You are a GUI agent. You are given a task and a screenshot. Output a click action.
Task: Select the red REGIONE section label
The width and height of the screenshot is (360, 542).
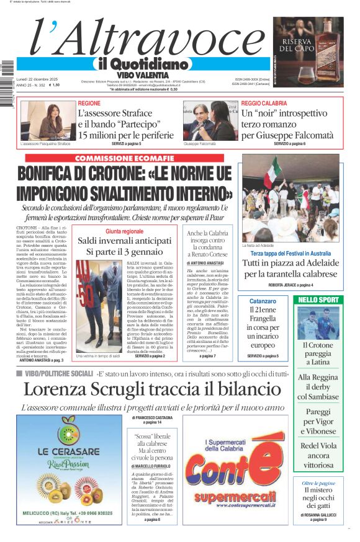tap(89, 103)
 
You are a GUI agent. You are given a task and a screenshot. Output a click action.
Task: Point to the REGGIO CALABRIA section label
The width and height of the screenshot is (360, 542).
tap(264, 103)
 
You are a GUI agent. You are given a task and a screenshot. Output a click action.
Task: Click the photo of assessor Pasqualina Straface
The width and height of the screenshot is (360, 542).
tap(40, 121)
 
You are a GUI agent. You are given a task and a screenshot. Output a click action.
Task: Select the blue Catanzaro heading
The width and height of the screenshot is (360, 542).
tap(261, 301)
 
